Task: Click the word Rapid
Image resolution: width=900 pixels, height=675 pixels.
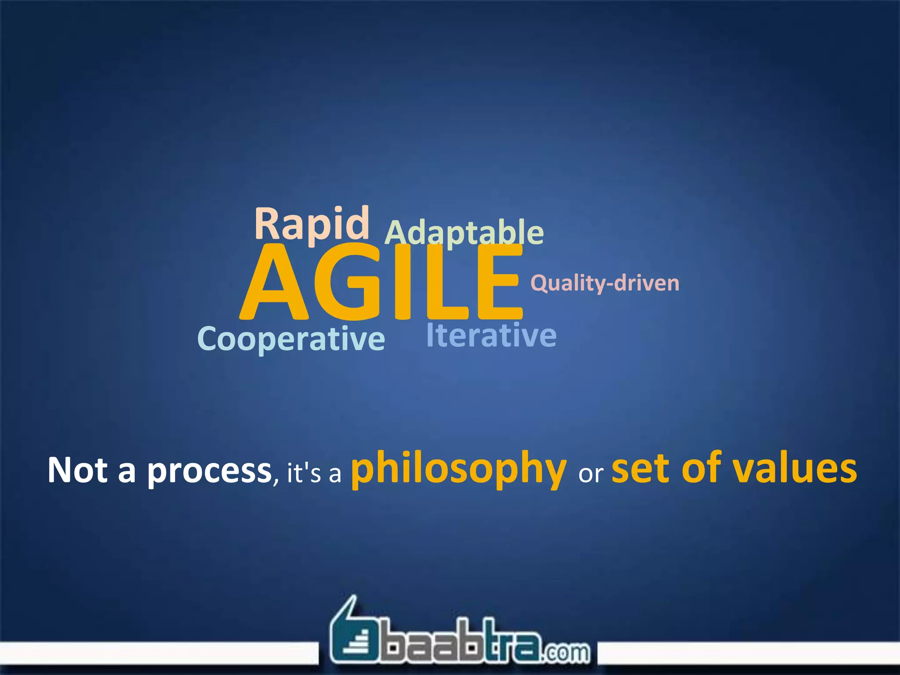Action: click(x=312, y=224)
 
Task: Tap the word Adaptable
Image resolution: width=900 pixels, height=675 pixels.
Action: click(x=464, y=233)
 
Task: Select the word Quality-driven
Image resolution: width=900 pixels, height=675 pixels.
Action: click(x=605, y=283)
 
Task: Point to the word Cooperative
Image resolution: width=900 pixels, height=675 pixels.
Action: click(x=291, y=339)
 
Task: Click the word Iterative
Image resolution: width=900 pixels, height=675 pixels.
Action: click(x=491, y=335)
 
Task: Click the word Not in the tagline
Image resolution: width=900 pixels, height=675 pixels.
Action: click(x=77, y=470)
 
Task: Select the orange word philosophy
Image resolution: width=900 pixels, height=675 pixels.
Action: click(x=458, y=469)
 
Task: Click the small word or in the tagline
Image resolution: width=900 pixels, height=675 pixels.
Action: click(x=591, y=474)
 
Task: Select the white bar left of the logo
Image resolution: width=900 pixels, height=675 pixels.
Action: click(x=158, y=653)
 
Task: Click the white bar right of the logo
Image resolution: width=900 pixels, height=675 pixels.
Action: click(x=747, y=653)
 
